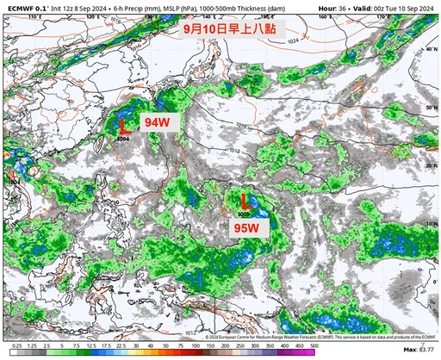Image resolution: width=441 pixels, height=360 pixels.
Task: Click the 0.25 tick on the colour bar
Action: click(16, 351)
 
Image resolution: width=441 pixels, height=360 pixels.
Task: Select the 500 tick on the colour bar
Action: click(312, 351)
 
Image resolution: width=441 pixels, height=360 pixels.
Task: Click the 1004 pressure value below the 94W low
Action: click(123, 138)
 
